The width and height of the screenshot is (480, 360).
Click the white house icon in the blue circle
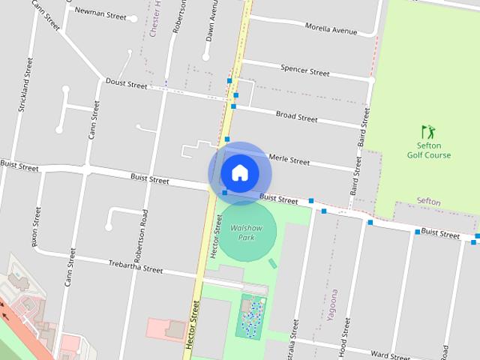(x=239, y=172)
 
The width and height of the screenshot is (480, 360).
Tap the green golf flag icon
(x=427, y=132)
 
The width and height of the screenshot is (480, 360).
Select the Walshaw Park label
(x=245, y=232)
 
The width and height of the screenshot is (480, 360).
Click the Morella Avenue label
(x=331, y=30)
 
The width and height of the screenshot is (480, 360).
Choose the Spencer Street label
(x=304, y=71)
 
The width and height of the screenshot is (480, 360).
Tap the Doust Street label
(x=126, y=84)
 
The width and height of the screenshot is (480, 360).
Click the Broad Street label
(x=296, y=116)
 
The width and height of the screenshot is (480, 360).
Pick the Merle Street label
(x=289, y=160)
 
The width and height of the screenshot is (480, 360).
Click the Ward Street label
(x=390, y=354)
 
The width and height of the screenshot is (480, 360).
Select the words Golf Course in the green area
(x=429, y=155)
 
